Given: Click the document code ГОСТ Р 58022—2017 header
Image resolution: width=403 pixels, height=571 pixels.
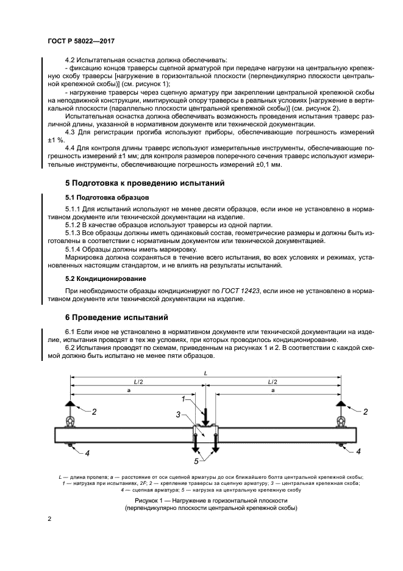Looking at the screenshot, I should click(x=82, y=40).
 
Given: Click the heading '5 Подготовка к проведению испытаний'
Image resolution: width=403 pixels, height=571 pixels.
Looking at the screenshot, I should click(x=145, y=183).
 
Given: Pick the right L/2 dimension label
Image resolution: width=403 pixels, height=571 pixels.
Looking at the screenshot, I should click(x=273, y=381).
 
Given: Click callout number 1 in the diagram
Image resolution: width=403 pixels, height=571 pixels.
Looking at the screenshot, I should click(x=182, y=399).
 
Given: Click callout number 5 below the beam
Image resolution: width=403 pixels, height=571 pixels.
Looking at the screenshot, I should click(x=196, y=461).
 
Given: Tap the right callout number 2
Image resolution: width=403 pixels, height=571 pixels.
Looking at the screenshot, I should click(x=365, y=412).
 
